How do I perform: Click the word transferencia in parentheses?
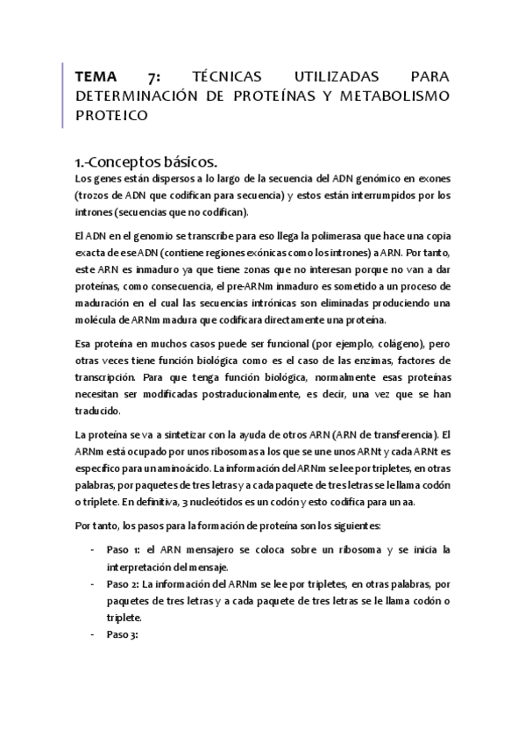point(404,434)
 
